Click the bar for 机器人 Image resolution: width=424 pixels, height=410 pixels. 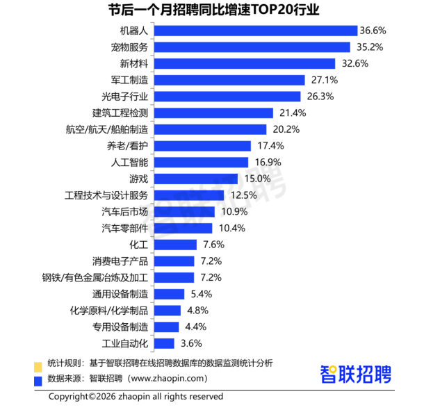click(x=255, y=31)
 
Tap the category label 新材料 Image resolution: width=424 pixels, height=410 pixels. click(x=133, y=63)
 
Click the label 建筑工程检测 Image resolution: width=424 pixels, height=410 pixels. click(x=120, y=113)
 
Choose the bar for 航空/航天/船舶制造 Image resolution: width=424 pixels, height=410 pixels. click(x=210, y=129)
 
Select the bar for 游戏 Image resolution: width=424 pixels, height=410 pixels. click(x=196, y=179)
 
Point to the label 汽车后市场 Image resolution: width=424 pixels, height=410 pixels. click(x=124, y=211)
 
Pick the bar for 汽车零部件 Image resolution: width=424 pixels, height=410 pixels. click(x=183, y=228)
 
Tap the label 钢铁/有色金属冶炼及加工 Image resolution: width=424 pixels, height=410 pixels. click(x=95, y=277)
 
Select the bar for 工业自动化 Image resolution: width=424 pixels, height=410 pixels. click(x=164, y=343)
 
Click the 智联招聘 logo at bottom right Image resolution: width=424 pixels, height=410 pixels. click(x=355, y=373)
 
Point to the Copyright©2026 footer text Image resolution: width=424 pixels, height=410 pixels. click(x=136, y=397)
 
